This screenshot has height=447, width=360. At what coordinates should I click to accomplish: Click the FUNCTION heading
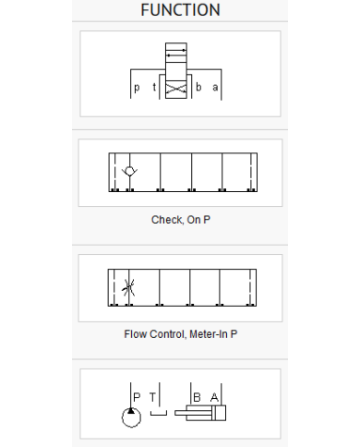pyautogui.click(x=180, y=10)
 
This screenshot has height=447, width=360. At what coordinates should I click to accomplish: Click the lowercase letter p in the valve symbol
pyautogui.click(x=138, y=89)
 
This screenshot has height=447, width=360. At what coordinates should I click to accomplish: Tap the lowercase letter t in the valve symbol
pyautogui.click(x=154, y=89)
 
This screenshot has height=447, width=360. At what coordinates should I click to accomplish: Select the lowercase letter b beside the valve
pyautogui.click(x=198, y=89)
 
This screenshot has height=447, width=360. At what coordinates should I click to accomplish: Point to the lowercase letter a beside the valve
pyautogui.click(x=215, y=89)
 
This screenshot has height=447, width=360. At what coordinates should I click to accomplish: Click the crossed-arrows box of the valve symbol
pyautogui.click(x=175, y=89)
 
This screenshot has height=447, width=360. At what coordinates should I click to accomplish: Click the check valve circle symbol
pyautogui.click(x=129, y=172)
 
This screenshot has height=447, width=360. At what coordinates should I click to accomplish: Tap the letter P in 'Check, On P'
pyautogui.click(x=221, y=220)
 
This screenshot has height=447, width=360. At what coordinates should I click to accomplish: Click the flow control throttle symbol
pyautogui.click(x=127, y=287)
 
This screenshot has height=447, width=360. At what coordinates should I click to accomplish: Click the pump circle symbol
pyautogui.click(x=130, y=417)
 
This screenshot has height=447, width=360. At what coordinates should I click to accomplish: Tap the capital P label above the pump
pyautogui.click(x=136, y=396)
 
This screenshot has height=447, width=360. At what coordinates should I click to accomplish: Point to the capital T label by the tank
pyautogui.click(x=152, y=396)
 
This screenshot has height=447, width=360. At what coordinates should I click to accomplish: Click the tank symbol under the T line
pyautogui.click(x=159, y=414)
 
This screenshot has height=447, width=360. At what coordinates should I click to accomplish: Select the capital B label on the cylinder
pyautogui.click(x=197, y=396)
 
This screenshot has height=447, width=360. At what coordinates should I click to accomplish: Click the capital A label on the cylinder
pyautogui.click(x=214, y=396)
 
